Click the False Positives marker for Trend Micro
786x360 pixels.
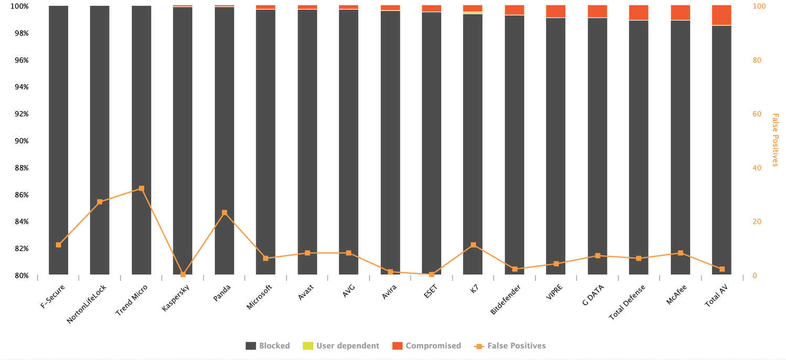[141, 189]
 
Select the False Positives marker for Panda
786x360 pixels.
[224, 213]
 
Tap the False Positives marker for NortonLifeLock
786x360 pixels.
[100, 202]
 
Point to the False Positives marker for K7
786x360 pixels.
[473, 245]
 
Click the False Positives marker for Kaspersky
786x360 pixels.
[183, 274]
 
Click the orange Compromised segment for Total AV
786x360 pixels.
[722, 15]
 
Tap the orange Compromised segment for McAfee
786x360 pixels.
[680, 13]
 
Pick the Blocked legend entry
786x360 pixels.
[268, 346]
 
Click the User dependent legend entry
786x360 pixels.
[341, 346]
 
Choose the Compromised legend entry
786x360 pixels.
[427, 346]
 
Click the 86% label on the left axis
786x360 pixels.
[21, 195]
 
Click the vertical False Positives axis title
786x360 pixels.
[776, 140]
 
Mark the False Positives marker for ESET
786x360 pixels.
[431, 274]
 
